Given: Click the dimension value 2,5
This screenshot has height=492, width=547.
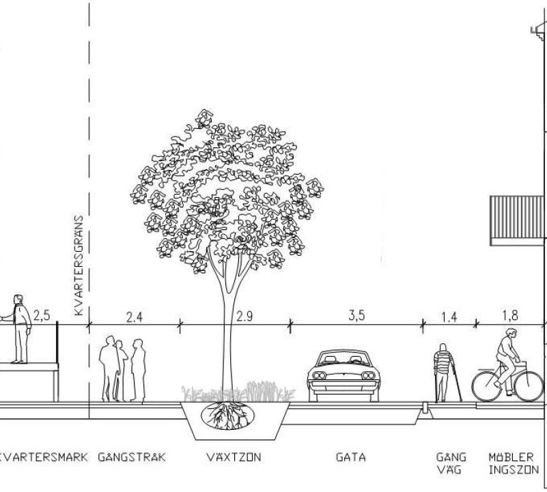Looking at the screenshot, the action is [42, 315].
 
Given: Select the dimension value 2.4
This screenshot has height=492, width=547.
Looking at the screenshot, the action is [135, 317].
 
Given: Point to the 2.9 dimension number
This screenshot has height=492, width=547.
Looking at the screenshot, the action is [244, 316].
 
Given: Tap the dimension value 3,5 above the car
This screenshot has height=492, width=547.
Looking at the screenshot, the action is [356, 315].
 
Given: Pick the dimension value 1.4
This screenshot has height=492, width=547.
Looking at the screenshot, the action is [449, 317].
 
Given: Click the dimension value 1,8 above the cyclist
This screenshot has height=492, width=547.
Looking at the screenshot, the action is [510, 315].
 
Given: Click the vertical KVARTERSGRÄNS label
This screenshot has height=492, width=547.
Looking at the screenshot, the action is [79, 265].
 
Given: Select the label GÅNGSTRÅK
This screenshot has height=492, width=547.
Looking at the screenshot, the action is [132, 457].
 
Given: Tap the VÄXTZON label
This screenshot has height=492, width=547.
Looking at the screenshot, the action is [234, 457].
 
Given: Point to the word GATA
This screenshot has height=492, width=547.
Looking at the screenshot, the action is [351, 457].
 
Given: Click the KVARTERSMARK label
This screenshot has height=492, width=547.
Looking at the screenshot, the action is [44, 457].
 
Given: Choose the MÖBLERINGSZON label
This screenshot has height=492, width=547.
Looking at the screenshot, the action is [514, 463].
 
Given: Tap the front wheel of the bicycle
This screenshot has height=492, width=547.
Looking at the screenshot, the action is [529, 386].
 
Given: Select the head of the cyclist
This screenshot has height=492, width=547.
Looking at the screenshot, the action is [511, 333].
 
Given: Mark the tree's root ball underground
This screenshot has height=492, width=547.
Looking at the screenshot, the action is [228, 416].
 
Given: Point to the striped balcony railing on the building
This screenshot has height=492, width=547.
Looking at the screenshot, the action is [517, 220].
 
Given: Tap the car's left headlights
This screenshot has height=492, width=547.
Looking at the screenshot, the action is [319, 375].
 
